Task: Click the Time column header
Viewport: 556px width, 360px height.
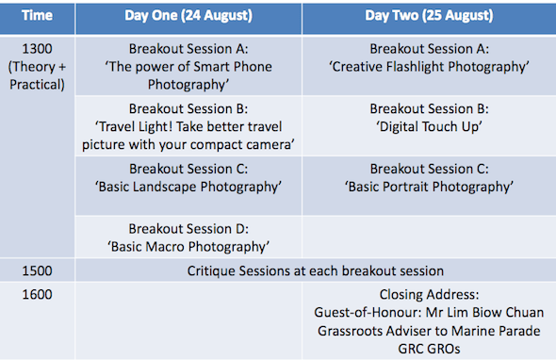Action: point(37,16)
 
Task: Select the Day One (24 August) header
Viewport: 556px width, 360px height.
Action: point(188,16)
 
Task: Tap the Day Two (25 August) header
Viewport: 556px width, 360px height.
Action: point(429,16)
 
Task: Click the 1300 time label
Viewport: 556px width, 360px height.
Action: point(38,48)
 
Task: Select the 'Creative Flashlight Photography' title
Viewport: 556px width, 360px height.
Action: point(429,66)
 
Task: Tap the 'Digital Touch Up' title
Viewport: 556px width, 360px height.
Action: point(429,126)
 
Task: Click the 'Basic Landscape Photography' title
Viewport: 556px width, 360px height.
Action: point(188,187)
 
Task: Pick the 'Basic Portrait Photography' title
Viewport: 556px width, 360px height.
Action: point(429,187)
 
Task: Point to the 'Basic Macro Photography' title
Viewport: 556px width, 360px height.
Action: point(188,246)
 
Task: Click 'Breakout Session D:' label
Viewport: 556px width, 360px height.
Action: point(188,228)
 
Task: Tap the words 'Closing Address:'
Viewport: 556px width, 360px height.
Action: point(429,294)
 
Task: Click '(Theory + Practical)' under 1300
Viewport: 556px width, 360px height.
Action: point(38,74)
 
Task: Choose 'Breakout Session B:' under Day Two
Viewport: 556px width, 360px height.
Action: point(429,108)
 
